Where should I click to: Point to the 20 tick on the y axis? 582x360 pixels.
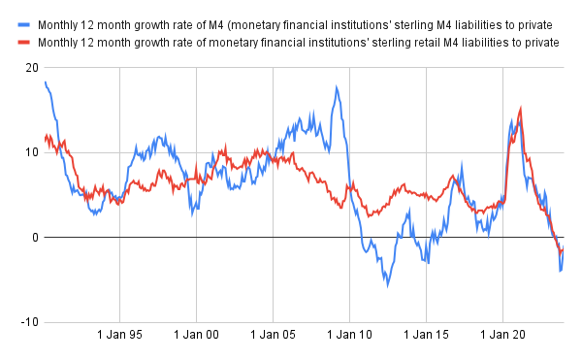33,68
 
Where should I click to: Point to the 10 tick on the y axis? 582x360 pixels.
33,152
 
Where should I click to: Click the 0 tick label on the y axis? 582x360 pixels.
36,238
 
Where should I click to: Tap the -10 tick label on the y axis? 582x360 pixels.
31,322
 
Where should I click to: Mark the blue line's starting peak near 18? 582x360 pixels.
46,82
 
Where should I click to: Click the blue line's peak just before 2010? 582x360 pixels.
337,87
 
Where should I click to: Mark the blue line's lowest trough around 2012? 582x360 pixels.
387,284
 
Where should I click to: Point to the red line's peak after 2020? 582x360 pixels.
521,109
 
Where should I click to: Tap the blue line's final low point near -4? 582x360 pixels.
560,271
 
